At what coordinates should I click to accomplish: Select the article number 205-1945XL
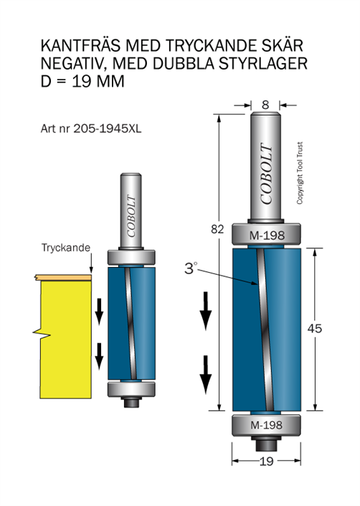[108, 128]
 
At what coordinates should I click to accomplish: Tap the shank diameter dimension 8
[265, 105]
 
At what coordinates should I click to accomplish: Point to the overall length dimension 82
[217, 229]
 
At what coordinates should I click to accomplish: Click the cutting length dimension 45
[315, 329]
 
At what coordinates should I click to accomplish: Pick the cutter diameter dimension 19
[266, 462]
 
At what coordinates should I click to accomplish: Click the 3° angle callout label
[191, 268]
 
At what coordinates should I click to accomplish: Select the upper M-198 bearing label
[267, 235]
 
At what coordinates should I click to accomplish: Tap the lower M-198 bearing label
[267, 425]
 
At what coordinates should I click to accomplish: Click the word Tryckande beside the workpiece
[66, 248]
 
